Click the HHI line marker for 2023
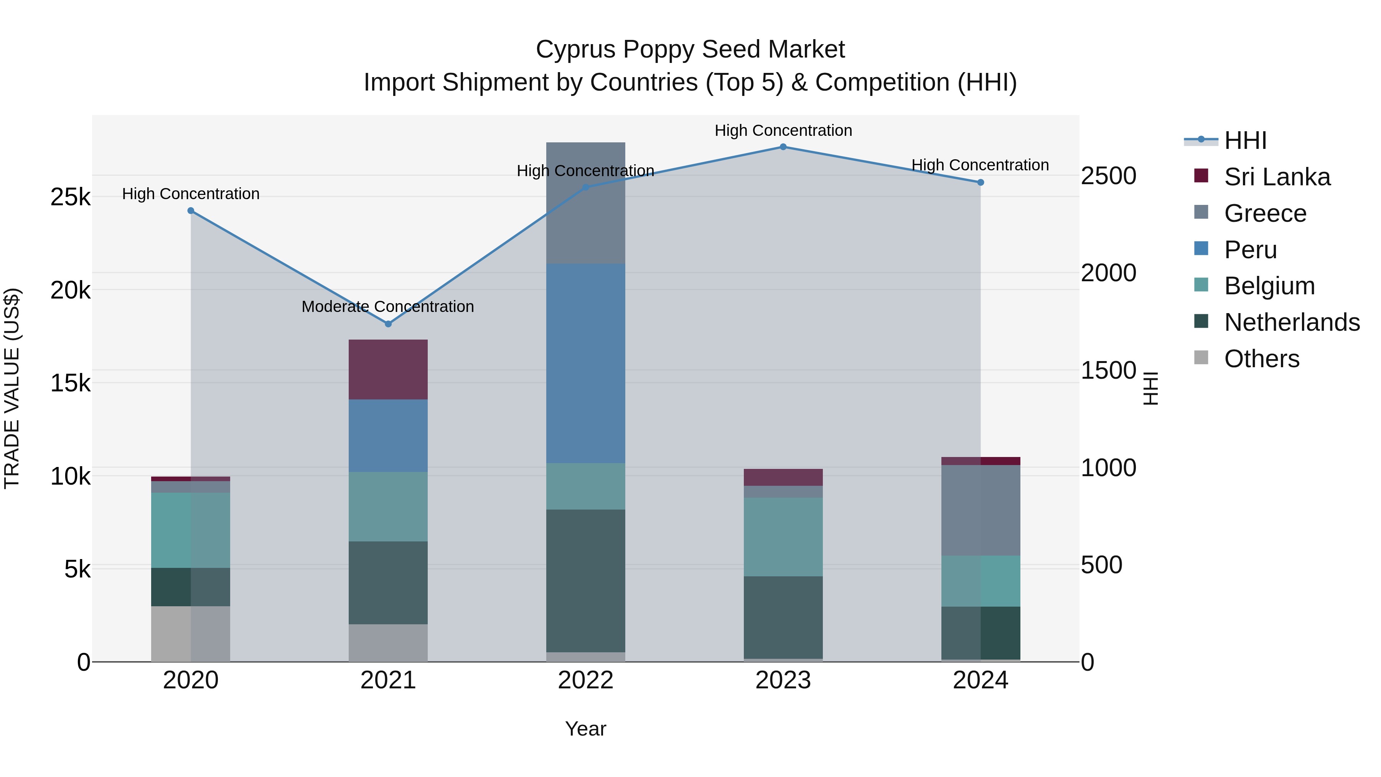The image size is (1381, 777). click(x=783, y=147)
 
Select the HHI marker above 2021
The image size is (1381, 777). click(x=388, y=324)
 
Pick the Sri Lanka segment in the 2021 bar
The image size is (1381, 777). click(x=388, y=370)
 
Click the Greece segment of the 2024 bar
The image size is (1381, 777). click(x=981, y=510)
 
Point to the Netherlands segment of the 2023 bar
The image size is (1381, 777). click(x=783, y=617)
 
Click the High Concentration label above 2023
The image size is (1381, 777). click(x=783, y=130)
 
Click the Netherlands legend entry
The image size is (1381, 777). click(x=1292, y=322)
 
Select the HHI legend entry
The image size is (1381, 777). click(x=1245, y=140)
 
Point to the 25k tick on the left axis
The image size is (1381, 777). click(x=70, y=197)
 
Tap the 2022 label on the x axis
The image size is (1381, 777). click(x=585, y=680)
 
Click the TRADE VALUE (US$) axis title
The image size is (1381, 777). click(x=12, y=388)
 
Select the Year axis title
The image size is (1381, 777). click(x=585, y=729)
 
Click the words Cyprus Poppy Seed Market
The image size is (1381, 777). click(x=690, y=49)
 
